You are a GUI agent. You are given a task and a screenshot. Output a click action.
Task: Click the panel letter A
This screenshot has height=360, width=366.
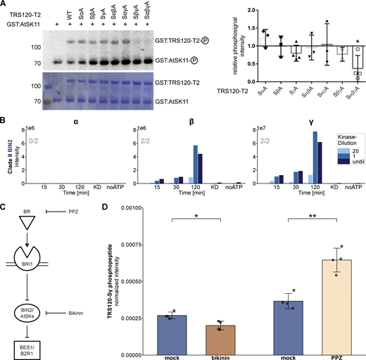coord(4,4)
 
